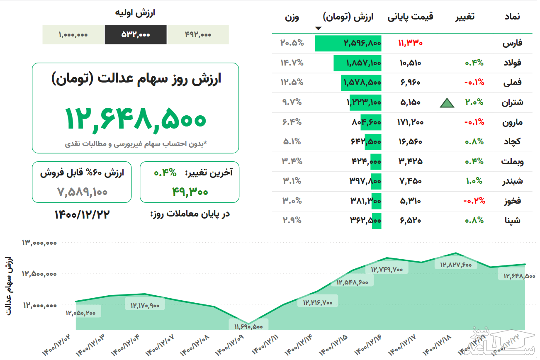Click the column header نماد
[x=512, y=17]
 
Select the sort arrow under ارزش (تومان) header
[x=318, y=28]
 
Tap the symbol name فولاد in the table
[x=512, y=63]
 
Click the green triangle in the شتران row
[x=447, y=102]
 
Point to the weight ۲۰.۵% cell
[x=292, y=43]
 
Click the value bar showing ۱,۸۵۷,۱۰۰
[x=358, y=63]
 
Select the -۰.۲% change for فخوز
[x=474, y=201]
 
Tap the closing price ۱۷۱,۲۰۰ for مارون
[x=410, y=122]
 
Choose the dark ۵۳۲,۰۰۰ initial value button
[x=136, y=35]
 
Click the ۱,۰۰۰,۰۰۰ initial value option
[x=73, y=35]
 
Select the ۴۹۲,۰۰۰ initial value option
[x=198, y=35]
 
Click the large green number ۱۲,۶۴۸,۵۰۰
[x=135, y=118]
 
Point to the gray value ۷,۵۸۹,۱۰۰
[x=82, y=192]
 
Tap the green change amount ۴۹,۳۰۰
[x=190, y=191]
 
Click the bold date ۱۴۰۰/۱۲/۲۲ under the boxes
[x=82, y=214]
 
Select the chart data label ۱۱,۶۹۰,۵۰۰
[x=248, y=326]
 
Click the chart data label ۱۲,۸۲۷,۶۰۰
[x=455, y=264]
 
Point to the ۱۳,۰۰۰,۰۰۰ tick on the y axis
[x=39, y=243]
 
